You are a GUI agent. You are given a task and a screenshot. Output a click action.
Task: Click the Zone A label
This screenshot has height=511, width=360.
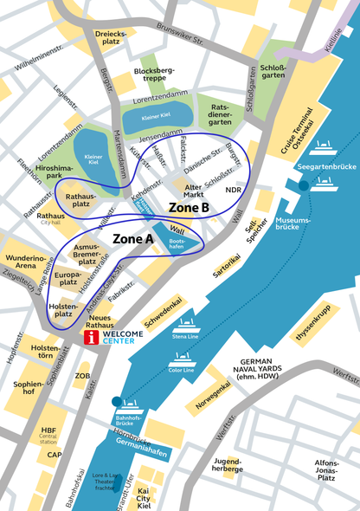(x=133, y=237)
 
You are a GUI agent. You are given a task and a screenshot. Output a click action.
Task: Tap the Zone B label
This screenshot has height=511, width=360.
(x=188, y=208)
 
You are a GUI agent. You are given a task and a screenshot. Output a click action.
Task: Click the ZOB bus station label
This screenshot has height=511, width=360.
(x=83, y=376)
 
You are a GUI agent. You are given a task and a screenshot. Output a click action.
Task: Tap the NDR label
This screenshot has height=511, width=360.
(x=233, y=189)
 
